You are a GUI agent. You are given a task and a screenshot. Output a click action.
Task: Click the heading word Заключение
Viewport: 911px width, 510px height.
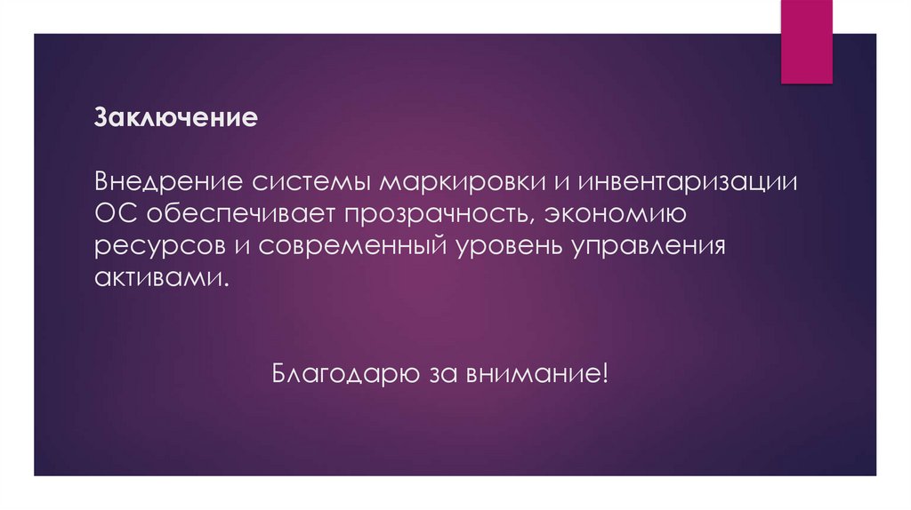coord(176,117)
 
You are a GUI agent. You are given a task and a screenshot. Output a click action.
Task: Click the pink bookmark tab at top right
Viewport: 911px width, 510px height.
coord(806,41)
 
